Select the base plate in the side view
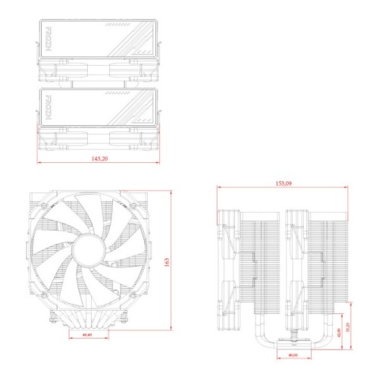click(x=291, y=353)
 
